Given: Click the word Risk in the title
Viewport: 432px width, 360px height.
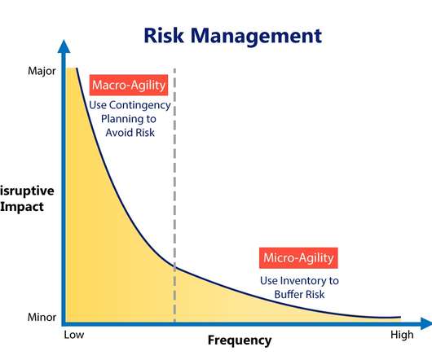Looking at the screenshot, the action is (164, 36).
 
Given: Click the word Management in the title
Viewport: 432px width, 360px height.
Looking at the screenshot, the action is (256, 36).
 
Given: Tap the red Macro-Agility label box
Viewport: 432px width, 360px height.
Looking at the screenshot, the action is (129, 85).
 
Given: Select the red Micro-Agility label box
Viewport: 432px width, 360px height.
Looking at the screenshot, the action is (298, 258).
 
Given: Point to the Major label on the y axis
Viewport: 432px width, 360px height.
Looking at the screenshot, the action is (42, 71).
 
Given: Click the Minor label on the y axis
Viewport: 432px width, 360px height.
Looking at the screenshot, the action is (42, 317).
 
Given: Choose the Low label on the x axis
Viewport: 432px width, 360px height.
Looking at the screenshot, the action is (74, 335).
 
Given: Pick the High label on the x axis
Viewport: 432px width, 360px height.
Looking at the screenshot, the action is (402, 335).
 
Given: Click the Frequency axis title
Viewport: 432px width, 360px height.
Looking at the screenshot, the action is (240, 340).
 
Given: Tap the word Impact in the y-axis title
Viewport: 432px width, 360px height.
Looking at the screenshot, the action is (22, 207).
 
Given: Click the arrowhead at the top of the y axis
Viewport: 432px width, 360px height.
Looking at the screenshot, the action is (64, 46).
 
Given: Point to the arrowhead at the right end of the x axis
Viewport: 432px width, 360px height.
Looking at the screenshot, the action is (426, 323).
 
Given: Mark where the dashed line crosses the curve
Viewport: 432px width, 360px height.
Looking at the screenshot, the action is (174, 266).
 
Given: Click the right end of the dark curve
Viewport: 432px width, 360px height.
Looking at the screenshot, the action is (400, 318).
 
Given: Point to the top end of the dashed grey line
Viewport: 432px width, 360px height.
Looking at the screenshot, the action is (174, 68).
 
